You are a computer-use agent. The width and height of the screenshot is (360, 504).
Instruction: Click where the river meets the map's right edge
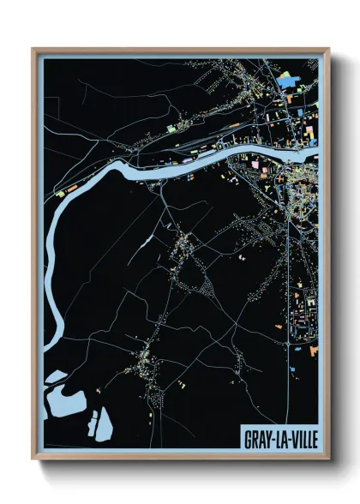(x=316, y=151)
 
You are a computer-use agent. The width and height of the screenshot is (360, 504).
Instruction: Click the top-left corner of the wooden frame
(x=33, y=49)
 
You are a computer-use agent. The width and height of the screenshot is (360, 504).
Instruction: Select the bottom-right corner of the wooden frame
(x=328, y=459)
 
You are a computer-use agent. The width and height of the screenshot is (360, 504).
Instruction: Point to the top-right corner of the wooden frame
(x=328, y=49)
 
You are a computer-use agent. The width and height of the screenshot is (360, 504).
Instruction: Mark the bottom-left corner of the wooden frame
(x=33, y=459)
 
